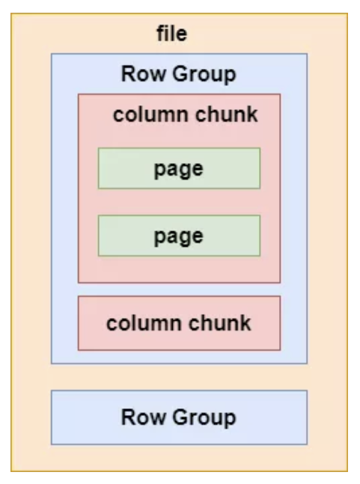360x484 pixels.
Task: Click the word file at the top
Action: [x=171, y=34]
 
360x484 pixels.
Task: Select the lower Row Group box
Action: [x=179, y=417]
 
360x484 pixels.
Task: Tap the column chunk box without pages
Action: [x=179, y=323]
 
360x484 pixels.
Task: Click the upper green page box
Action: [x=179, y=168]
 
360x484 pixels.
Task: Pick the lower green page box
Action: [x=179, y=236]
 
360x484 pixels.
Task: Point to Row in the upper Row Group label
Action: [x=136, y=75]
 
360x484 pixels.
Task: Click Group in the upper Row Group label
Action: [x=195, y=75]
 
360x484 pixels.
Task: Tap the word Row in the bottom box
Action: [x=137, y=417]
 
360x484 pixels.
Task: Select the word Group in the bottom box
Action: [x=196, y=417]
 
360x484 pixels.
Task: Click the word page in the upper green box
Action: [x=179, y=169]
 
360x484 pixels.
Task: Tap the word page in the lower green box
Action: [x=179, y=236]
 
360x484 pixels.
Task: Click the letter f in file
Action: [x=159, y=34]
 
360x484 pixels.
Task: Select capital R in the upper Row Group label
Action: [x=127, y=75]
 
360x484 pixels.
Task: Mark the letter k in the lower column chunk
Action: [x=246, y=323]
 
